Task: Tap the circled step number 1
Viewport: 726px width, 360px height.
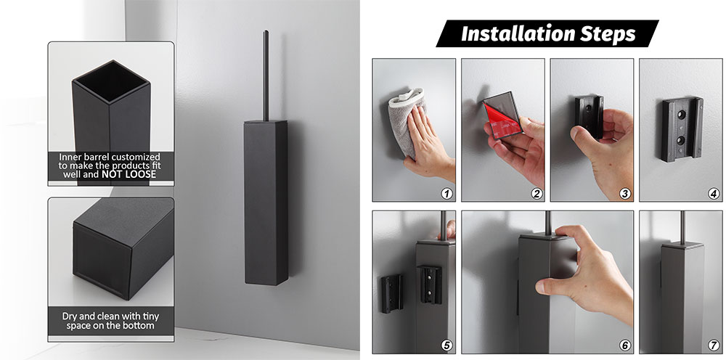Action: pyautogui.click(x=446, y=193)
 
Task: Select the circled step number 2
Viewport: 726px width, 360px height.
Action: pyautogui.click(x=537, y=193)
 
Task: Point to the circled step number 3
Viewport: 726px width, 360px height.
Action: pyautogui.click(x=625, y=193)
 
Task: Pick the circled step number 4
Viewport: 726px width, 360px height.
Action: pyautogui.click(x=714, y=193)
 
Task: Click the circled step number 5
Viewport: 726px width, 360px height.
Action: pyautogui.click(x=446, y=345)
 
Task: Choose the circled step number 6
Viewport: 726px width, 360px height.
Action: pyautogui.click(x=625, y=345)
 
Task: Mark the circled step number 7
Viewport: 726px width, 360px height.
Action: pyautogui.click(x=714, y=345)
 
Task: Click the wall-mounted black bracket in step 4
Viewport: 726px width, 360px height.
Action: pyautogui.click(x=682, y=129)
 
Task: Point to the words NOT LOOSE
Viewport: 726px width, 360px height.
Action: pyautogui.click(x=129, y=174)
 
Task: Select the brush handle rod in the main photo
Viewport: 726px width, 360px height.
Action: pyautogui.click(x=266, y=75)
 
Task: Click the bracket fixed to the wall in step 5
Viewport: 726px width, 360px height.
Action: pyautogui.click(x=392, y=293)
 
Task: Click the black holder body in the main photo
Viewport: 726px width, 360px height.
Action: pyautogui.click(x=266, y=202)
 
